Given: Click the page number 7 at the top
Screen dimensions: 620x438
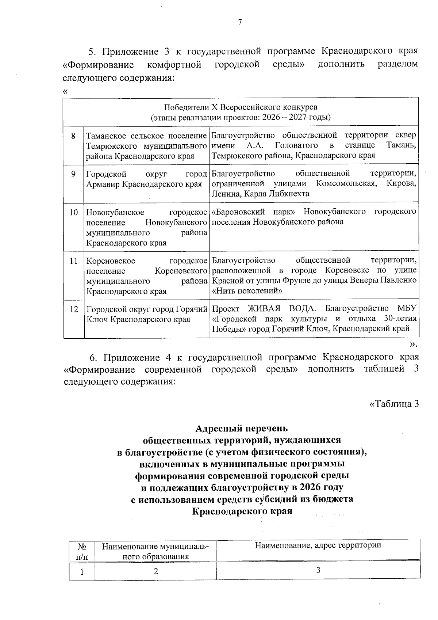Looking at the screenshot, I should tap(240, 23).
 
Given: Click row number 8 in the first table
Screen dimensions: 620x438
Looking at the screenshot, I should tap(73, 136).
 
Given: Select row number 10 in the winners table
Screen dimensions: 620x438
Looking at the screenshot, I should tap(73, 212).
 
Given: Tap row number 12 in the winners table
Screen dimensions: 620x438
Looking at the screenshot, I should tap(73, 309).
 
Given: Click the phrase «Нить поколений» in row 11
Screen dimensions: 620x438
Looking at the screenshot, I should tap(247, 291).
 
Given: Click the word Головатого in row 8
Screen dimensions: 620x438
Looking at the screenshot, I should tap(296, 145).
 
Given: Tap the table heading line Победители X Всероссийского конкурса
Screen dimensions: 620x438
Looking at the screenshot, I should tap(241, 107).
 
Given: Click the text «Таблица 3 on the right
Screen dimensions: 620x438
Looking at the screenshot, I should tap(393, 404).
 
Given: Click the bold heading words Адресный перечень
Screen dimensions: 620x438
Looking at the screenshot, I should tap(241, 428).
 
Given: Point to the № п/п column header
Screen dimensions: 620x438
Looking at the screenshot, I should tap(82, 551).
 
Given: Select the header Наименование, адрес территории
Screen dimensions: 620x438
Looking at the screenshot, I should tap(318, 546).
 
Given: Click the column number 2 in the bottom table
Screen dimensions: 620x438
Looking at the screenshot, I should tap(156, 571).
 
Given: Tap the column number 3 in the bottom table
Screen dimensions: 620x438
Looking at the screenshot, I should tap(318, 571).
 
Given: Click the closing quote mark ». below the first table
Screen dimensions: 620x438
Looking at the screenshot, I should tap(413, 344).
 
